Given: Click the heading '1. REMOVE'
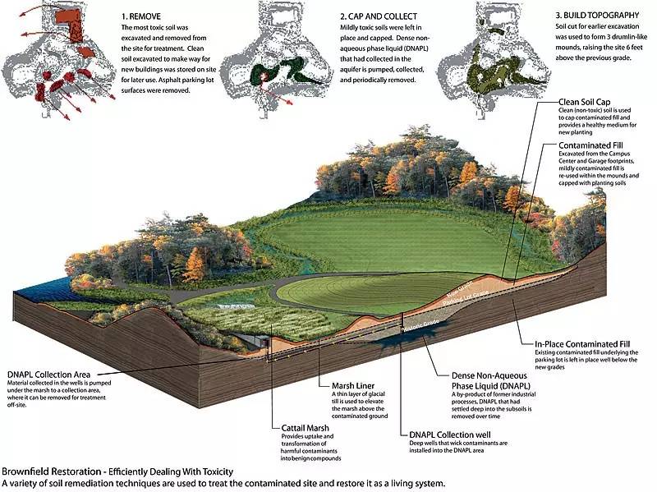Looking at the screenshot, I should point(145,16).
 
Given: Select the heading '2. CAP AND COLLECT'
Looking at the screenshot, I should point(379,16).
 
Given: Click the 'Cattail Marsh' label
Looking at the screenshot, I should point(299,428).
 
